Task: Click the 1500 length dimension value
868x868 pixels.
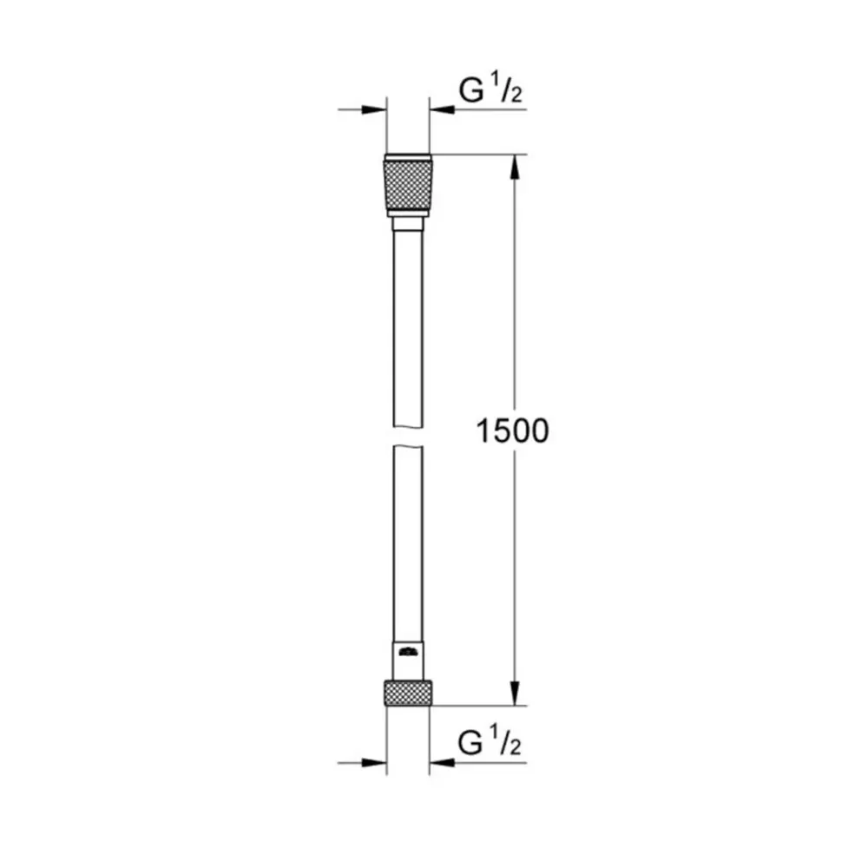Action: [512, 431]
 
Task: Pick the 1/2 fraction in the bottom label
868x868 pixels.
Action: [510, 744]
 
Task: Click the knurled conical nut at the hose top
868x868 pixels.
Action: [408, 184]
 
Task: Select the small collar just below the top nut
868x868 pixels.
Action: [408, 224]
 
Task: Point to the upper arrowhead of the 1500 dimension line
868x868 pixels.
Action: [515, 168]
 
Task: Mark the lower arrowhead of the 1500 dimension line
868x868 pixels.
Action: [515, 692]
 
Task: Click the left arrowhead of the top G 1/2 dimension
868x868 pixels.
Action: [374, 109]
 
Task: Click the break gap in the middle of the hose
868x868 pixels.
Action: [408, 436]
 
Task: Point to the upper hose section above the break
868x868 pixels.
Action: [408, 330]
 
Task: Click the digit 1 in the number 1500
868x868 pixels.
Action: [483, 431]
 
